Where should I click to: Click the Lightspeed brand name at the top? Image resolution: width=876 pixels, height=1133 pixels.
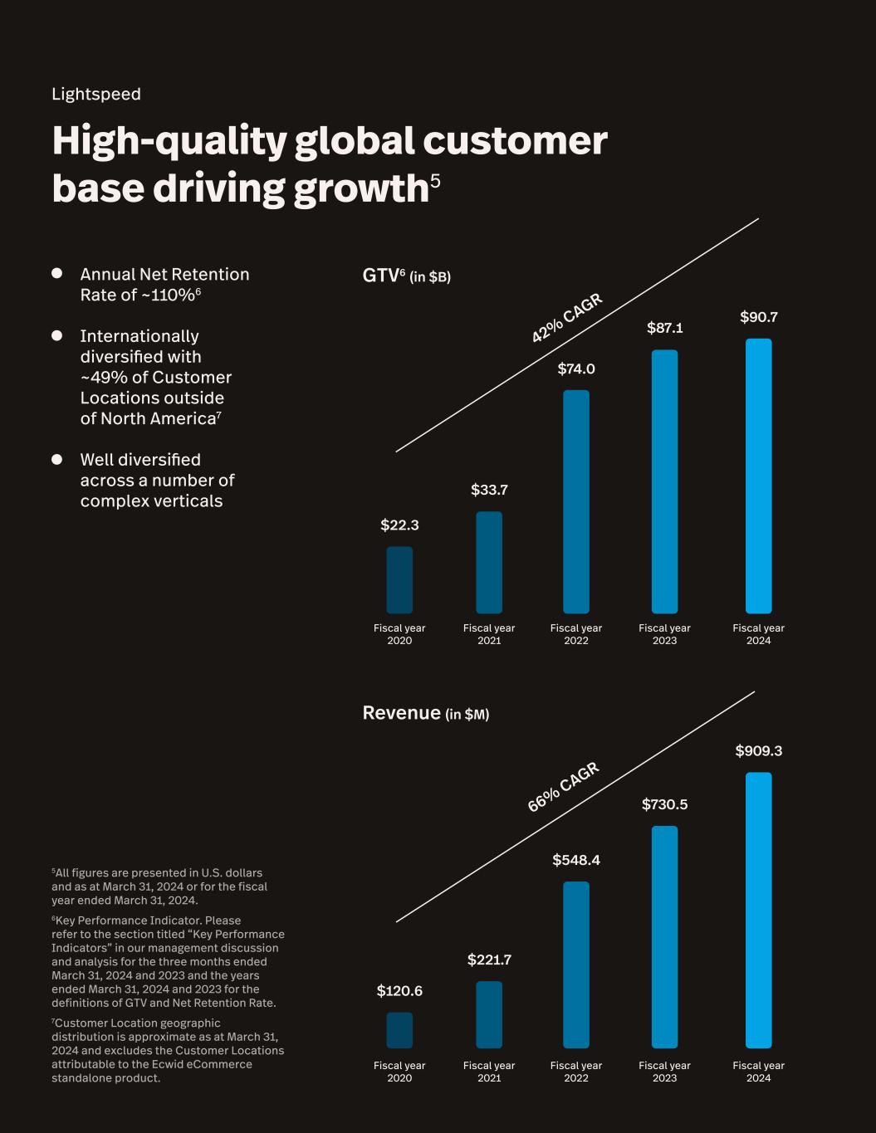(x=96, y=94)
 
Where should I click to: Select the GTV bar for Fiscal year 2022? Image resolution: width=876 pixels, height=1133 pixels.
(x=576, y=501)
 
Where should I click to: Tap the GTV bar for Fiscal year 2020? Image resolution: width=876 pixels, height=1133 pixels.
(x=399, y=579)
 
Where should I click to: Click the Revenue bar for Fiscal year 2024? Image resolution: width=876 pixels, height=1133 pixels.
(x=758, y=910)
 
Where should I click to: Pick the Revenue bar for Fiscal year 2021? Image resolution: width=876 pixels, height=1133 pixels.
(x=489, y=1014)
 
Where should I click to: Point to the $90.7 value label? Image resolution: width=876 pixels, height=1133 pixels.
(x=759, y=317)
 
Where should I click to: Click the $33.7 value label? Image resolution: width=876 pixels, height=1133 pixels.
(x=489, y=490)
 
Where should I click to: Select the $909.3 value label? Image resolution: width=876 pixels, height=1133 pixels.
(x=759, y=751)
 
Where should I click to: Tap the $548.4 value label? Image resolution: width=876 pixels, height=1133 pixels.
(x=576, y=860)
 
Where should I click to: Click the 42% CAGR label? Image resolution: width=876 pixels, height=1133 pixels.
(x=566, y=318)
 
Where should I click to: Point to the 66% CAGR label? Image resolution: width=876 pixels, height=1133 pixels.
(x=563, y=787)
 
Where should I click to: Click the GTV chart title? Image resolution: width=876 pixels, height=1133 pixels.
(x=406, y=276)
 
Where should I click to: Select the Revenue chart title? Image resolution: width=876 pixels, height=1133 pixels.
(x=425, y=713)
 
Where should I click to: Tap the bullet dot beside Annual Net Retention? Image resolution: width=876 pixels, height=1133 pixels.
(x=57, y=273)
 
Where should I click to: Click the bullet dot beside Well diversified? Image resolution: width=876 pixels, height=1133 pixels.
(x=57, y=459)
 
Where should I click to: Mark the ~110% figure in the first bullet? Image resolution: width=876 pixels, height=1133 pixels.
(x=170, y=295)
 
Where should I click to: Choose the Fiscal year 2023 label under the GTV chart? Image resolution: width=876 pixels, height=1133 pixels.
(x=664, y=634)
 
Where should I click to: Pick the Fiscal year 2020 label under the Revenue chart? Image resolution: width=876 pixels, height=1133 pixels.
(x=399, y=1072)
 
